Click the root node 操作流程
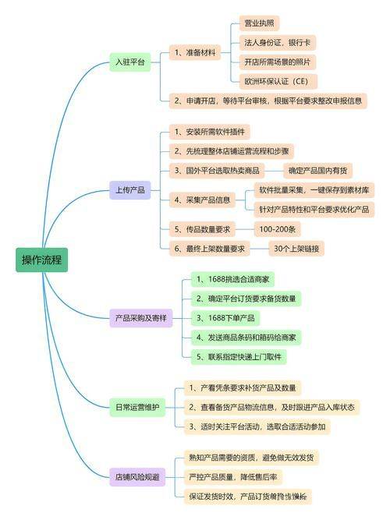[41, 260]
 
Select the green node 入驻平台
[129, 63]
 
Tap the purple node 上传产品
[129, 190]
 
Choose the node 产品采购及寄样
[140, 318]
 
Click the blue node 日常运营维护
[136, 407]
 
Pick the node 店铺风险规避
[136, 476]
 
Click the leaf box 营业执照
[258, 23]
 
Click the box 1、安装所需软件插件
[209, 132]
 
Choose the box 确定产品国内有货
[319, 170]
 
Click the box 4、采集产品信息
[204, 200]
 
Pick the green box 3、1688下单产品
[226, 318]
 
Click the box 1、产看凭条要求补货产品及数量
[242, 387]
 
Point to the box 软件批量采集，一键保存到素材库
[316, 189]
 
